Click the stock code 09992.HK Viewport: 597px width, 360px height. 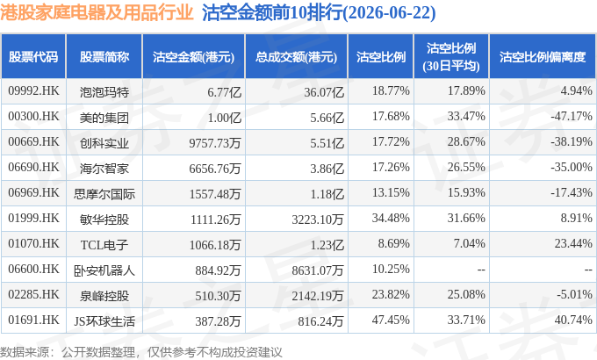click(33, 90)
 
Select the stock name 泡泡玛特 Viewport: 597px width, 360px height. click(104, 92)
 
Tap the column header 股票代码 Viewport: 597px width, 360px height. click(33, 57)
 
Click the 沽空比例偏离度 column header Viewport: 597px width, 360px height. click(543, 57)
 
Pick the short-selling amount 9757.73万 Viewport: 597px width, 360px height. click(215, 143)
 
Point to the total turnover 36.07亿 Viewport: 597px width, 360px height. click(324, 92)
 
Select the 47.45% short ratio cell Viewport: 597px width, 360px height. click(391, 320)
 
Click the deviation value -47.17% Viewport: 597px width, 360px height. click(572, 116)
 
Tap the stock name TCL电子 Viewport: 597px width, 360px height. click(104, 245)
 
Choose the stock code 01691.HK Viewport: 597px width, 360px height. click(33, 320)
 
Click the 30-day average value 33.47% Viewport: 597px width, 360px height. click(466, 116)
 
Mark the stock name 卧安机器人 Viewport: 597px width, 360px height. click(104, 270)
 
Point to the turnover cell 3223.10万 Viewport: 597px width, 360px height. click(318, 219)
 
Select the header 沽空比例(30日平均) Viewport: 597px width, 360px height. click(450, 57)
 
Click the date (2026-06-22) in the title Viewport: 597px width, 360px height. click(390, 13)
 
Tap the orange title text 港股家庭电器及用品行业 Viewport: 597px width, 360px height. click(97, 12)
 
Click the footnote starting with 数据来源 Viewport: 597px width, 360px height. click(140, 351)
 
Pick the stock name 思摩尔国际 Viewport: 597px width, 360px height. click(104, 194)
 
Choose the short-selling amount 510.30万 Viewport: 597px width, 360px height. click(218, 296)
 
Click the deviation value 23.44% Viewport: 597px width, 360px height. click(573, 243)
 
